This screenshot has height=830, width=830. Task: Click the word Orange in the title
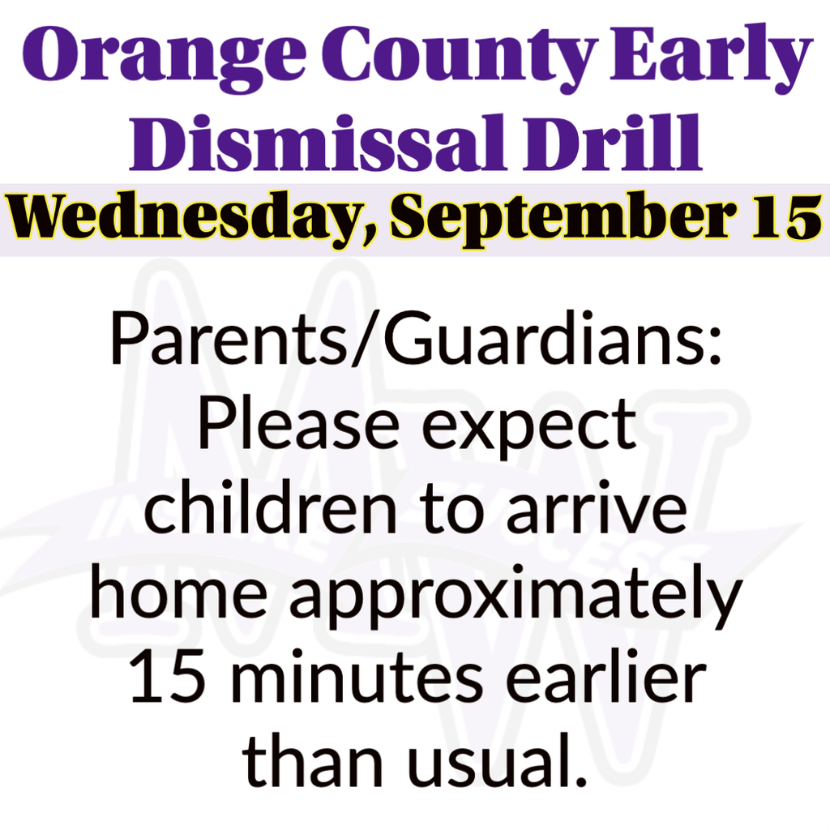coord(164,58)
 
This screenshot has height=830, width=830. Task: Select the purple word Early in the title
coord(711,58)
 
